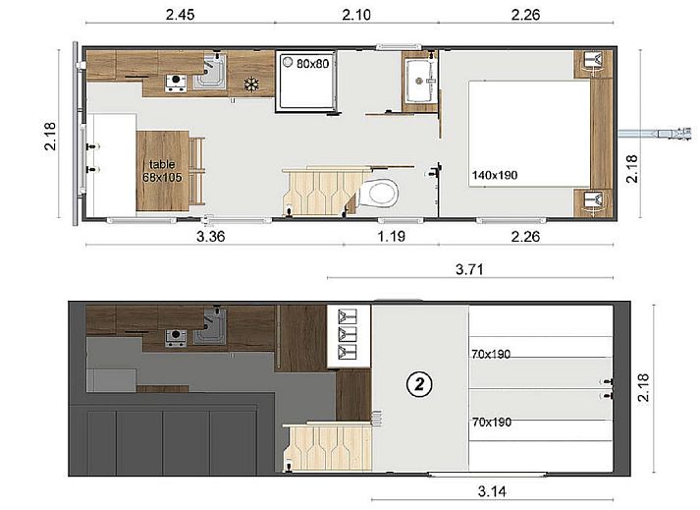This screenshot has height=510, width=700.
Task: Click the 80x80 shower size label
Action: (x=312, y=64)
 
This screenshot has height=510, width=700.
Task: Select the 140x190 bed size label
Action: (x=495, y=175)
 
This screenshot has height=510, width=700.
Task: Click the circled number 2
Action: (x=419, y=384)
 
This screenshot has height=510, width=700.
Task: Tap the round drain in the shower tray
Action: (x=287, y=63)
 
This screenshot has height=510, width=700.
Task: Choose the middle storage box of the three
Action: (x=346, y=333)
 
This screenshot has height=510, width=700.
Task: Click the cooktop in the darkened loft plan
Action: (x=177, y=338)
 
